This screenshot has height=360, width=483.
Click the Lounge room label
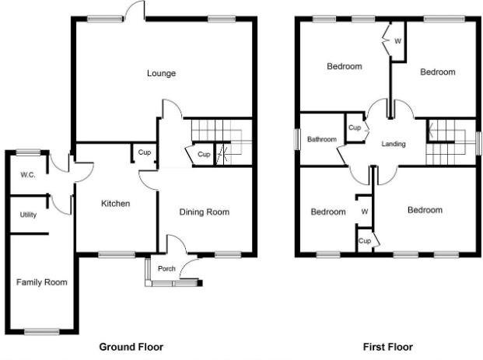pos(162,73)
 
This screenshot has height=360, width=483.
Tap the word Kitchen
pos(116,204)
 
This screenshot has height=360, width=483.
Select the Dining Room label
pos(205,211)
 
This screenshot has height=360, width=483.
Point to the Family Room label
pos(41,282)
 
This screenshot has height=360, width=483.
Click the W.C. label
pos(28,175)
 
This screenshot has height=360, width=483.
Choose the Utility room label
pos(28,215)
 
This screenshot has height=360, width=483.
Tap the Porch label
pos(166,268)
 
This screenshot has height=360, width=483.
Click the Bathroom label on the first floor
pos(322,139)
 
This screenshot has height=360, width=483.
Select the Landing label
pos(394,144)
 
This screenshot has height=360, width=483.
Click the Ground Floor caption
pos(131,347)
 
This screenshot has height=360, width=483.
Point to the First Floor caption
pos(388,347)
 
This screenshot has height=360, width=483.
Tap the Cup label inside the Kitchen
pos(145,152)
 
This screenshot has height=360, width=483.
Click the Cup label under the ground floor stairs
pos(204,154)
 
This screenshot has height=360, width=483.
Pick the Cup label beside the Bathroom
pos(355,128)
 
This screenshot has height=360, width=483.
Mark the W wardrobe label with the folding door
pos(397,41)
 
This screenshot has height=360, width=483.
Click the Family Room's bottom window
pos(41,332)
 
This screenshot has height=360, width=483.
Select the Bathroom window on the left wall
pos(297,139)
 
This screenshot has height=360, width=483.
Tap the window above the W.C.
pos(28,152)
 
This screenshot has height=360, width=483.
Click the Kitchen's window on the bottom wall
pos(117,255)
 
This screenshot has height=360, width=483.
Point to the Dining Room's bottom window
pos(228,255)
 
